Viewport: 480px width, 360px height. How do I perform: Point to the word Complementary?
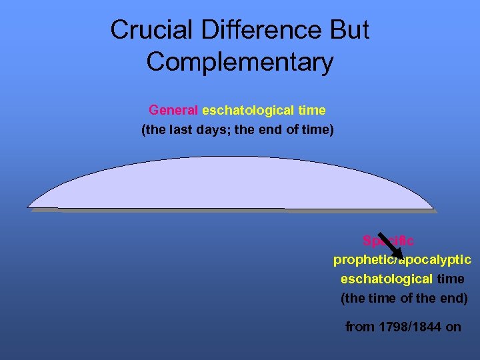pos(240,62)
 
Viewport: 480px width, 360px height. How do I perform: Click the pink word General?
pos(173,110)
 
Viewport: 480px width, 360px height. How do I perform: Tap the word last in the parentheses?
pos(178,129)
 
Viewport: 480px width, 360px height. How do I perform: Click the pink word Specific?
pos(388,241)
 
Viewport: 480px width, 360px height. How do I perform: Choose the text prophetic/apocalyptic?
pos(402,259)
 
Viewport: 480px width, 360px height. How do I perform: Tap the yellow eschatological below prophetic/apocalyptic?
pos(387,279)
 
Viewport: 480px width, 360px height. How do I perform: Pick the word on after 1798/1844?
pos(453,327)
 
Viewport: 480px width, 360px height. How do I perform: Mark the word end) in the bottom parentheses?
pos(453,298)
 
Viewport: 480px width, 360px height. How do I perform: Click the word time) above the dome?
pos(316,129)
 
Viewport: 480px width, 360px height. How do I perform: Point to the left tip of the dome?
pos(29,207)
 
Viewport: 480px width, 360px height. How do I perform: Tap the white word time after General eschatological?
pos(312,110)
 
